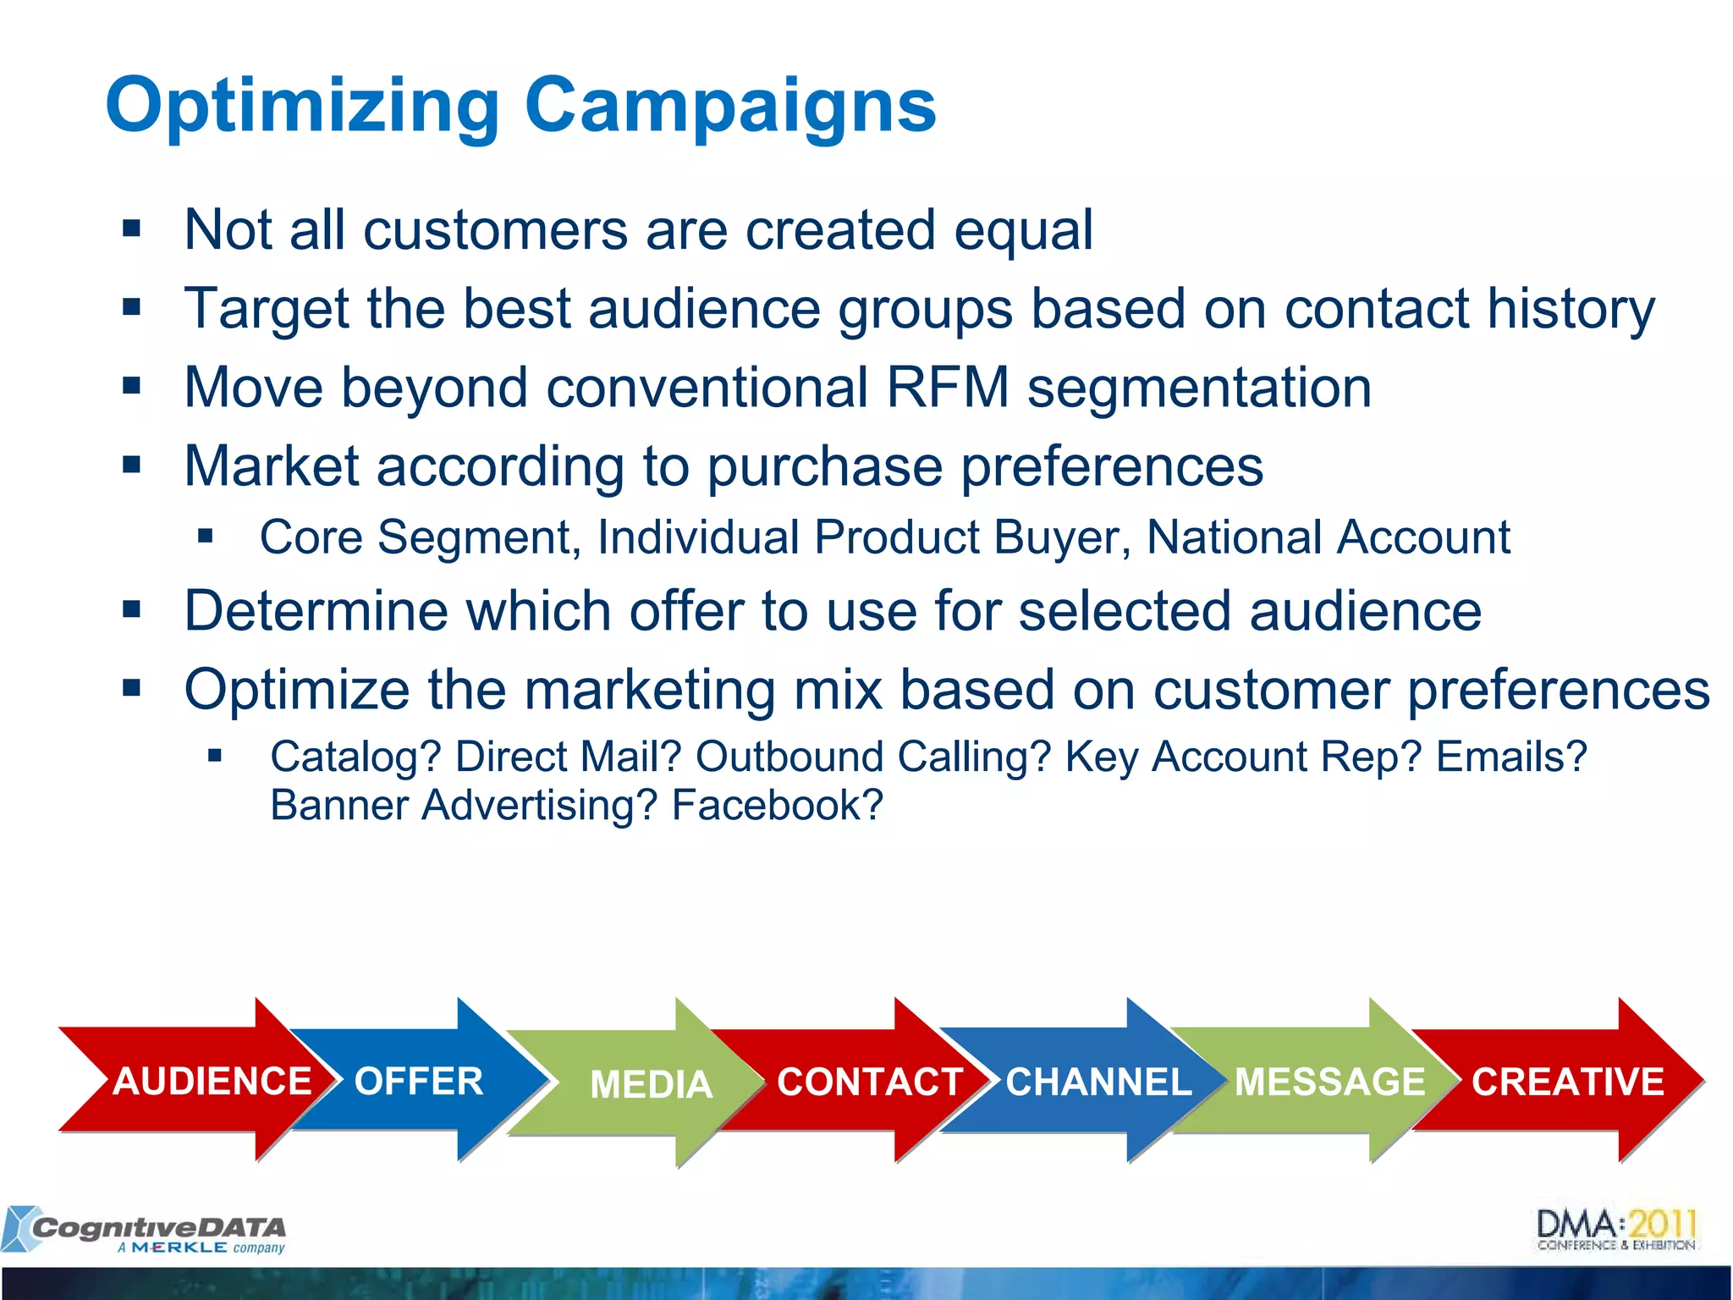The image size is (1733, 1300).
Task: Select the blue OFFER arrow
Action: click(419, 1082)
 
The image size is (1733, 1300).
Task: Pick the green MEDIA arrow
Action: click(651, 1084)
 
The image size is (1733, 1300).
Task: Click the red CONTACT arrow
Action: click(869, 1082)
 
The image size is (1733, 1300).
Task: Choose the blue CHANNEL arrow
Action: click(1098, 1082)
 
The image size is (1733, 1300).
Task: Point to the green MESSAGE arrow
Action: click(1329, 1082)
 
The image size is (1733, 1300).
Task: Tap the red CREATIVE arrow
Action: click(1567, 1082)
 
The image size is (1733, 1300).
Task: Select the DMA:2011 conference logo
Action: click(1616, 1230)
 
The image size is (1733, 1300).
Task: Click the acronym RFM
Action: click(948, 388)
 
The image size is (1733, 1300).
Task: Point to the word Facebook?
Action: click(777, 805)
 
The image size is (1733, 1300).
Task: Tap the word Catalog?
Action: click(355, 757)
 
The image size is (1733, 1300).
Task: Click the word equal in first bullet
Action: click(1023, 230)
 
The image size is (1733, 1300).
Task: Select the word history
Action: click(1571, 309)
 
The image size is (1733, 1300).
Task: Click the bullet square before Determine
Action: click(131, 609)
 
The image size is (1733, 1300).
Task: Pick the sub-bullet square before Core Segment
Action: click(205, 536)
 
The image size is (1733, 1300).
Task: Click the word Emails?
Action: click(1511, 757)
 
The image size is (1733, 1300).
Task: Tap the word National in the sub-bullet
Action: click(1232, 537)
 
